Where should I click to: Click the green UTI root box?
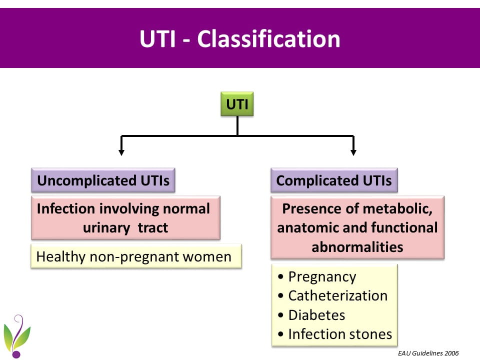(x=237, y=104)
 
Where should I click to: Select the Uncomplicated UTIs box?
(x=103, y=180)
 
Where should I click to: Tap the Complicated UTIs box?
(x=334, y=180)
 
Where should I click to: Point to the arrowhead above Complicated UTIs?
(x=353, y=151)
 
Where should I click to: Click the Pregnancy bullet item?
(x=322, y=277)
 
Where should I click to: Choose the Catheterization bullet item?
(x=337, y=295)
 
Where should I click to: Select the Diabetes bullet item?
(x=316, y=315)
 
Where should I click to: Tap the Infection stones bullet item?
(x=340, y=333)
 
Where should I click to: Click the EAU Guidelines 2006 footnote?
(x=428, y=353)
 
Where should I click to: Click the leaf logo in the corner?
(x=17, y=336)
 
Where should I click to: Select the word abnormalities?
(x=357, y=247)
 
